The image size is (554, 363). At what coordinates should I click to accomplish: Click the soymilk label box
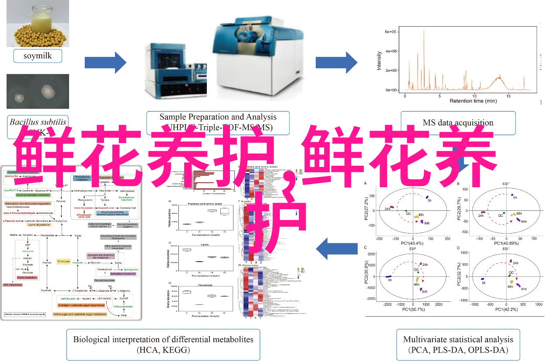(x=38, y=56)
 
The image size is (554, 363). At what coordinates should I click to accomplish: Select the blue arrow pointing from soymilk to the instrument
(x=105, y=63)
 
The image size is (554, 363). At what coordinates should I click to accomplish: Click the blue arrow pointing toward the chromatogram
(x=336, y=63)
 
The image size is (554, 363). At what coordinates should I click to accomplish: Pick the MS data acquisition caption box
(x=458, y=123)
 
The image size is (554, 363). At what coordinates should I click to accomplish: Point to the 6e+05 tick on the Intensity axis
(x=390, y=32)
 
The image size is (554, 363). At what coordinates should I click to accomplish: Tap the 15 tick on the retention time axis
(x=508, y=95)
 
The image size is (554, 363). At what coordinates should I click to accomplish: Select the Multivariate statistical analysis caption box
(x=458, y=345)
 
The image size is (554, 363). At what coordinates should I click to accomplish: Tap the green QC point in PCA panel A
(x=406, y=210)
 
